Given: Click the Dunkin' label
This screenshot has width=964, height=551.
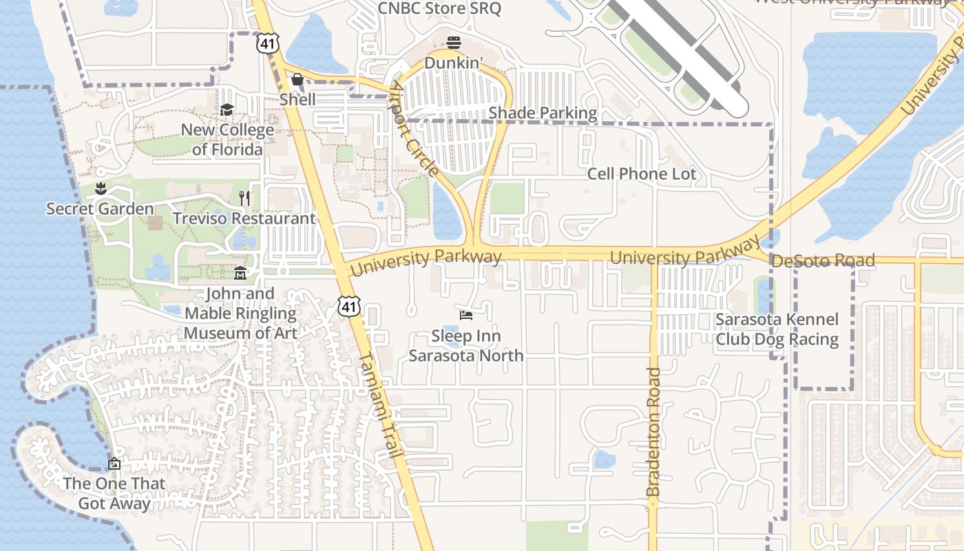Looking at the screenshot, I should coord(453,63).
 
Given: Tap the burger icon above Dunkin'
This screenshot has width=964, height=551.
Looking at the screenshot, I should coord(453,43).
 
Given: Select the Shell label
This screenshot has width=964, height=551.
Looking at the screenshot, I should coord(297,99).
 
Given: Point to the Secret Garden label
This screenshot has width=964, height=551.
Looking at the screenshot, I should coord(100,209).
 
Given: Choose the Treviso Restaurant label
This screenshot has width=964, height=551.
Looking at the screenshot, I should coord(244,218).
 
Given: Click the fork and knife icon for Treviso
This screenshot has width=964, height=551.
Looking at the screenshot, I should coord(244,198).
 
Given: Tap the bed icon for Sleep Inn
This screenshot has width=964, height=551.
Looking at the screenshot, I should coord(466,316).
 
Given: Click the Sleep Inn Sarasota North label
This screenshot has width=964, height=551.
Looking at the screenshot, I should coord(466,346).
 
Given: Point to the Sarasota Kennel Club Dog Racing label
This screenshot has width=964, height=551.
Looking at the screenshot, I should coord(777,329).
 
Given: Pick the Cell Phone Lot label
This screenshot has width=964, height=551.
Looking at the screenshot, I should coord(641,174).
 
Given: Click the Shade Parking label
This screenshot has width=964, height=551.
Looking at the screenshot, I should coord(543,113).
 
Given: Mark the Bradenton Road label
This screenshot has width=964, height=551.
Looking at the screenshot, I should coord(653,433).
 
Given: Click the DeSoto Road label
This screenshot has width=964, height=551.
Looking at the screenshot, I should coord(823,261).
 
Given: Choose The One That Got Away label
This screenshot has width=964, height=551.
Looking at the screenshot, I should coord(114,493).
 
